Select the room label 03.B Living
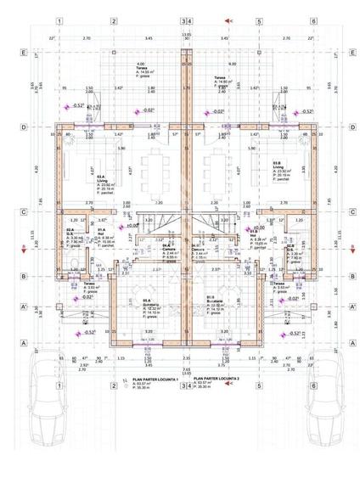[x=277, y=166]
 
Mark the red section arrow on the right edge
[x=348, y=247]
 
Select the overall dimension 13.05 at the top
[x=186, y=35]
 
